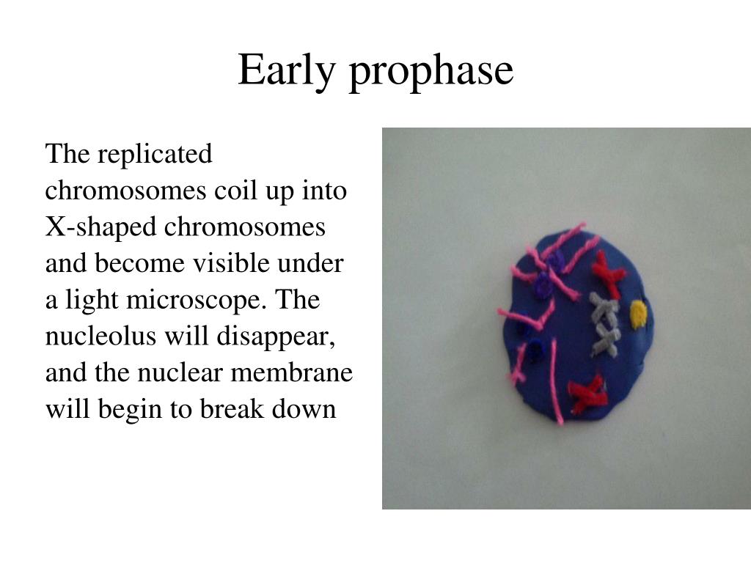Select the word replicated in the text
(155, 155)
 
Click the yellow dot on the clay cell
(638, 314)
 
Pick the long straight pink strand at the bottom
(555, 381)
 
